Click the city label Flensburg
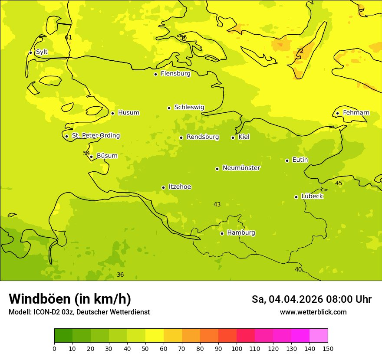click(x=175, y=74)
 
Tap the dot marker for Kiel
click(x=233, y=137)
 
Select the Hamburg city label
click(x=241, y=233)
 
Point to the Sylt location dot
click(x=30, y=52)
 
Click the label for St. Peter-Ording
click(x=95, y=136)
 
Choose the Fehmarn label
click(x=356, y=113)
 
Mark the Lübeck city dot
click(x=296, y=197)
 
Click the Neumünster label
click(x=241, y=168)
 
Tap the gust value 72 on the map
click(x=300, y=51)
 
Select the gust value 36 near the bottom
click(x=120, y=275)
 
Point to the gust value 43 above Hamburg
click(x=217, y=205)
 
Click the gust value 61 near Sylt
click(x=69, y=38)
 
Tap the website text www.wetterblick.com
click(x=313, y=312)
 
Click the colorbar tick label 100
click(x=237, y=349)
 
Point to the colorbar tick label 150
click(x=328, y=349)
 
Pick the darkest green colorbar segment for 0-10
click(x=63, y=336)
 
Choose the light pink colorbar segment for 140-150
click(x=319, y=336)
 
